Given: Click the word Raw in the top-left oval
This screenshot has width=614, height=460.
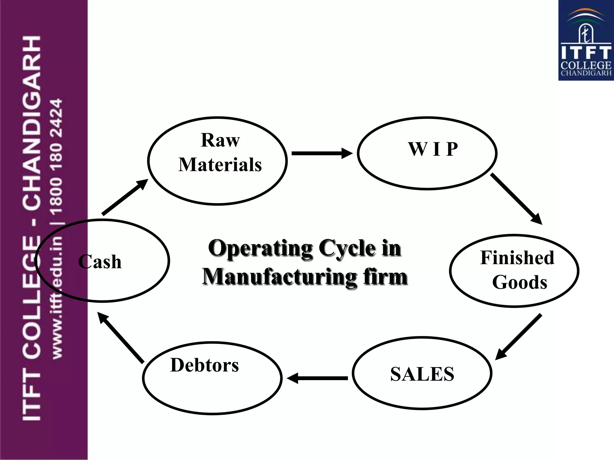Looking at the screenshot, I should tap(220, 140).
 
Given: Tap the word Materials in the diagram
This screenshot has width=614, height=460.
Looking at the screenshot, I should tap(220, 165).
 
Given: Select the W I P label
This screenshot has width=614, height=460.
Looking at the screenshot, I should tap(433, 149).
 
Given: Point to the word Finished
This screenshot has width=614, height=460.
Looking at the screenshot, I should tap(517, 258).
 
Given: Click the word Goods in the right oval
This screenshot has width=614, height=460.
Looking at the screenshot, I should tap(520, 282).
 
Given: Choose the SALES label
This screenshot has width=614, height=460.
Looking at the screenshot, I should tap(422, 374).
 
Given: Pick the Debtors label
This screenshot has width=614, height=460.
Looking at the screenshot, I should tap(204, 365).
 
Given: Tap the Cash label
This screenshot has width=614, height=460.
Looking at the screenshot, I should tap(100, 262).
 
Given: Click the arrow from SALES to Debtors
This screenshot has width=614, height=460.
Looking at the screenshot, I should tap(318, 378).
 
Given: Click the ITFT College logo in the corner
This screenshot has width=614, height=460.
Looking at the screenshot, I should tap(586, 40).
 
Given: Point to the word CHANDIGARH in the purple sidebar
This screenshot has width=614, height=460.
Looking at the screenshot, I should tap(31, 123).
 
